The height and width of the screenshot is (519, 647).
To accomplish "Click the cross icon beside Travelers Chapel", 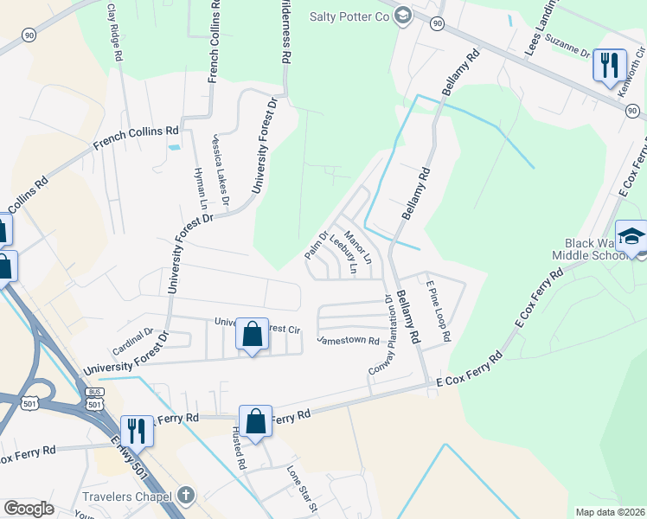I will coord(187,495).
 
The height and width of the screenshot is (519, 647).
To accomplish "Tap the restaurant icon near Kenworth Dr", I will coord(610,65).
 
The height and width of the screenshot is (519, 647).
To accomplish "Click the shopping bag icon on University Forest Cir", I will coord(252,334).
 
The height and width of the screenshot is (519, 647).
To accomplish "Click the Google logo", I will coord(29,509).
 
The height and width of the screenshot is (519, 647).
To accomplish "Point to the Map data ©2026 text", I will coord(610,512).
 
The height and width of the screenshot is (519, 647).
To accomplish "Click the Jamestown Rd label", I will coord(349,341).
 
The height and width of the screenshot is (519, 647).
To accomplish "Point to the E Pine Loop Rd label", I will coord(437,313).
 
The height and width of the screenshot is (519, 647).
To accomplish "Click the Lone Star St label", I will coord(304,488).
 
